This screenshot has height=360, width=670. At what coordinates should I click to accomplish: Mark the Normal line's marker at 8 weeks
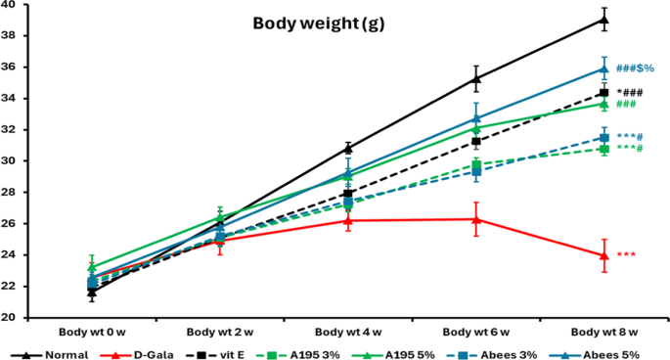tap(604, 19)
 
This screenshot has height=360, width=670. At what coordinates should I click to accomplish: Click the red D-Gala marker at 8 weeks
tap(604, 255)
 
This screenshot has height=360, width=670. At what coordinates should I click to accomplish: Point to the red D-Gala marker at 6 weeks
tap(476, 219)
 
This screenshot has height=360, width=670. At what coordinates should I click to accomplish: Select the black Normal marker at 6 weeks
tap(476, 78)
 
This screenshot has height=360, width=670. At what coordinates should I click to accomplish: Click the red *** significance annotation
tap(626, 255)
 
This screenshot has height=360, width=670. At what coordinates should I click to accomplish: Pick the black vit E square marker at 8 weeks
tap(604, 93)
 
